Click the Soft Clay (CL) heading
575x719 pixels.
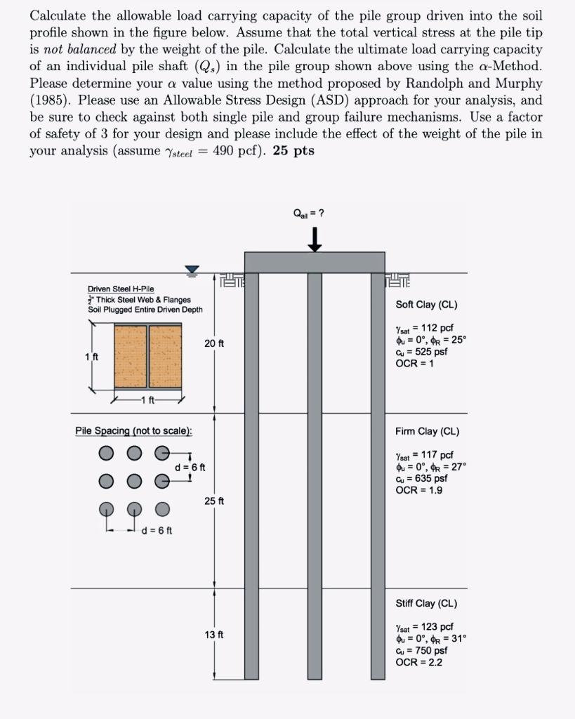(426, 305)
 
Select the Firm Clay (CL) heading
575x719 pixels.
(427, 432)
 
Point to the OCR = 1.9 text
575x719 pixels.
(419, 490)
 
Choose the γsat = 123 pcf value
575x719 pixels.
(424, 626)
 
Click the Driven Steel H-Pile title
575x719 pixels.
(121, 289)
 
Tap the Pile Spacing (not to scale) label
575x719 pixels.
(133, 431)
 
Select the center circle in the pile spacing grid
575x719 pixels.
(133, 481)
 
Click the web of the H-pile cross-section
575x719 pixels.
(147, 356)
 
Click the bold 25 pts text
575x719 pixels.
(293, 151)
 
